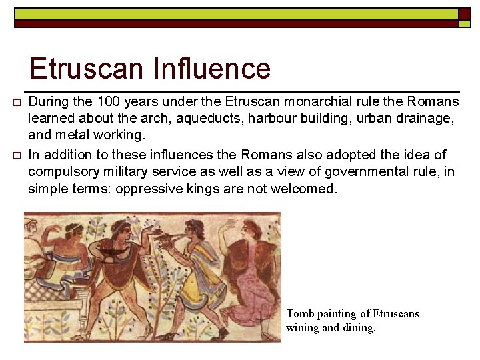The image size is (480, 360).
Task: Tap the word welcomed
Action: point(307,189)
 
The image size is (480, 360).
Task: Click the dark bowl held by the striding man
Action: point(113,252)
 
